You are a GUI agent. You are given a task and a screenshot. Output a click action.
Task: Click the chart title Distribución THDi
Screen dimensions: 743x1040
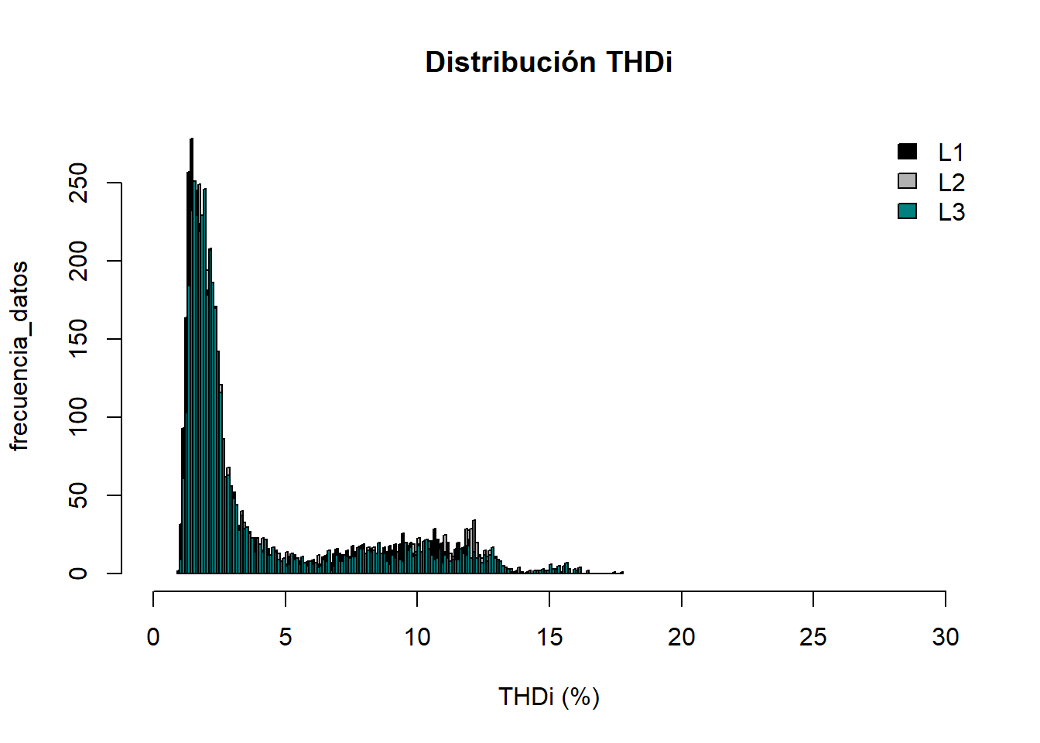549,62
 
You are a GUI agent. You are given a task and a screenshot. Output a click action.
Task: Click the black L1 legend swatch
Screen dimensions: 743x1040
907,152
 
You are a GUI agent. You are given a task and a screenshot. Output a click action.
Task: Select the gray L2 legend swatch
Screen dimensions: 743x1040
907,181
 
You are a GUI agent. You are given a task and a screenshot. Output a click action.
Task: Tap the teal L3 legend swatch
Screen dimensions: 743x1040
907,211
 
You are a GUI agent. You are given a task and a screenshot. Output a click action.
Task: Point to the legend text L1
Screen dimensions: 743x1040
951,152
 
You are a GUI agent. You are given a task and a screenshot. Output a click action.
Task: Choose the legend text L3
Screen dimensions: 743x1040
951,212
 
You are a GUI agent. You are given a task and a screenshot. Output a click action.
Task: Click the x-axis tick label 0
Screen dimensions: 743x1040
153,637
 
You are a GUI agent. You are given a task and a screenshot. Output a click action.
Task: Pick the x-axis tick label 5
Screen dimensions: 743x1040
286,637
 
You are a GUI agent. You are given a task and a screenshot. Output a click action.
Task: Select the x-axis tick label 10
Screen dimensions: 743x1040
417,637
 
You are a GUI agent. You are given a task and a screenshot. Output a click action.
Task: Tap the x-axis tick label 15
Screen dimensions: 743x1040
549,637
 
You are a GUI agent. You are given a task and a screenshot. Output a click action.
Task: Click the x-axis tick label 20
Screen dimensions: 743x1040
681,637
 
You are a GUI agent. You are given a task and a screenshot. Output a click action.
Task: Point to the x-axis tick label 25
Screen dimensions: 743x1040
813,637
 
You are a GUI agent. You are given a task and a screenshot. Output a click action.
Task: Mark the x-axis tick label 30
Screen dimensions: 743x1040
945,637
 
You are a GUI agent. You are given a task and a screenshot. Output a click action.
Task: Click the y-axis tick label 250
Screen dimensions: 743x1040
78,183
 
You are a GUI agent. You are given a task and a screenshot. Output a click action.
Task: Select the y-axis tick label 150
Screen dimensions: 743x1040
78,339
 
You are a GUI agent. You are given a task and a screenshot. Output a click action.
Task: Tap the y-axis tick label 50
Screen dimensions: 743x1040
78,495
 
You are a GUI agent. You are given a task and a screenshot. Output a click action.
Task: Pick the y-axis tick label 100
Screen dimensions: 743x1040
78,417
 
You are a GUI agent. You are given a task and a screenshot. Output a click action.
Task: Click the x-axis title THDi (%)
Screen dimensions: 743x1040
549,697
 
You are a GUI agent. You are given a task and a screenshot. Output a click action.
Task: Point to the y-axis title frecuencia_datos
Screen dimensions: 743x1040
19,355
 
